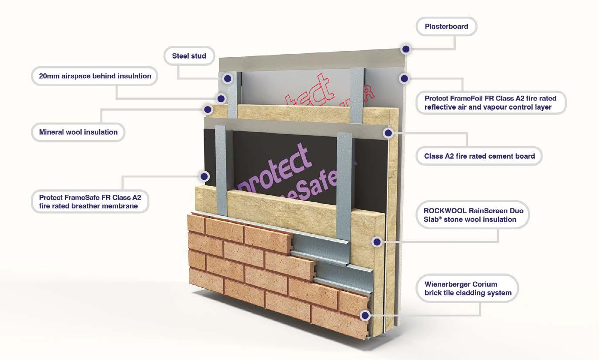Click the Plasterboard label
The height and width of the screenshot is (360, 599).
[446, 27]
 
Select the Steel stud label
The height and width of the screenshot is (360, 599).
[189, 56]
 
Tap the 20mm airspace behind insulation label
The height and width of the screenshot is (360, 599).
[95, 76]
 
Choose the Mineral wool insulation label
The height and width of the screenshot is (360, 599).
[78, 132]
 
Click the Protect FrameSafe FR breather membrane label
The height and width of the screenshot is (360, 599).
[90, 201]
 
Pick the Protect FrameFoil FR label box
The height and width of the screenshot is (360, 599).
[490, 103]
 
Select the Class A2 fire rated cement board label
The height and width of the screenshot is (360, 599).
[479, 156]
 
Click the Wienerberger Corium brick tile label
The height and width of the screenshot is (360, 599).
[467, 288]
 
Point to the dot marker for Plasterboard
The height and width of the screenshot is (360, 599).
[406, 49]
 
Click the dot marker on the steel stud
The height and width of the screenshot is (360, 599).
[227, 79]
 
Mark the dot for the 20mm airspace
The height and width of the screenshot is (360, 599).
[222, 98]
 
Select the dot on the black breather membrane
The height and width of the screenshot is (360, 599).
[204, 177]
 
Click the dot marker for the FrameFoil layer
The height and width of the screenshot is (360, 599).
[404, 79]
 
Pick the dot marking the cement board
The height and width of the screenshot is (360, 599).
[388, 132]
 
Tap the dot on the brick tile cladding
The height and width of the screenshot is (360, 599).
[365, 315]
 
